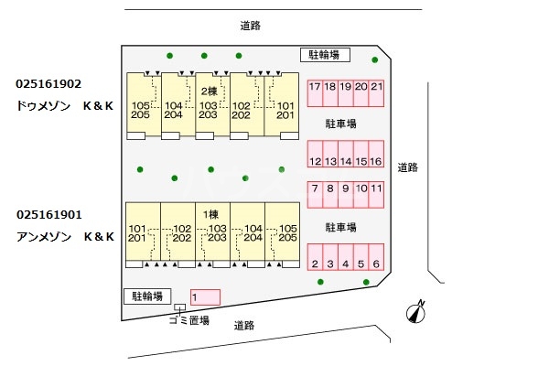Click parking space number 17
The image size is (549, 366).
coord(315,88)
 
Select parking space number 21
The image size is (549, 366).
coord(377,88)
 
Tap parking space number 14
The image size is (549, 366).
coord(346,162)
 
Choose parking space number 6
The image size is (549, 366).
coord(376,264)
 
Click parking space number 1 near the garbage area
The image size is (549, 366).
coord(206,296)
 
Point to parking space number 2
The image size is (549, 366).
coord(315,264)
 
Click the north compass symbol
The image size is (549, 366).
coord(415,313)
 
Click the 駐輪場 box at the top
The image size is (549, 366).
coord(325,55)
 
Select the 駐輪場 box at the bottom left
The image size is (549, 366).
coord(147,296)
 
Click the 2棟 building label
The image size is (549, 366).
coord(208,91)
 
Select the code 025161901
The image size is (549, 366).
coord(49,215)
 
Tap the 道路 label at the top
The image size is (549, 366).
coord(250,26)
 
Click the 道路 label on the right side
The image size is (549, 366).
coord(407,167)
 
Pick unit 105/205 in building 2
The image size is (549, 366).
coord(141,110)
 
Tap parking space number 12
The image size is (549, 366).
coord(315,162)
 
